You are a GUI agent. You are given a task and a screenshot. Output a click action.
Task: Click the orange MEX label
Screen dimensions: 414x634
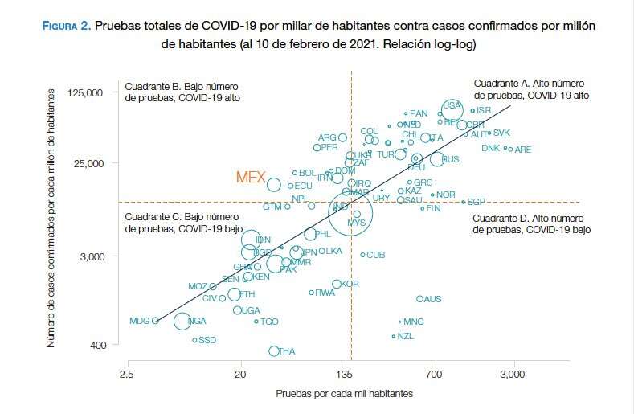click(x=250, y=177)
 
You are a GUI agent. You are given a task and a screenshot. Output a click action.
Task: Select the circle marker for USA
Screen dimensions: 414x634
click(x=452, y=110)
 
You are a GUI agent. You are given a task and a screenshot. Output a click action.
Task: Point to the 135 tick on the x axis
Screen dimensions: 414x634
click(x=351, y=375)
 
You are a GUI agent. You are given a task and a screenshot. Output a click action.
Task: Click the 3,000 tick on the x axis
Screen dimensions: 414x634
click(x=513, y=375)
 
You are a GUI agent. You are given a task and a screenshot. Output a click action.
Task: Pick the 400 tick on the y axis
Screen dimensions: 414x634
click(x=96, y=345)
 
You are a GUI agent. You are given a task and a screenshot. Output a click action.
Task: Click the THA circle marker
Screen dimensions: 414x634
click(x=274, y=351)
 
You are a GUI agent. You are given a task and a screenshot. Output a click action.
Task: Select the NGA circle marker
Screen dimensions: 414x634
click(x=182, y=322)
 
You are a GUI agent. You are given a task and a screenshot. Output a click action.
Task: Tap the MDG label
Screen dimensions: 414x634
click(x=140, y=322)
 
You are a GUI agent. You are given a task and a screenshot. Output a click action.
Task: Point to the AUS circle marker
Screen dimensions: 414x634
click(x=419, y=299)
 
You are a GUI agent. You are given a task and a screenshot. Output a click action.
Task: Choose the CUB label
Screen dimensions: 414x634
click(x=376, y=255)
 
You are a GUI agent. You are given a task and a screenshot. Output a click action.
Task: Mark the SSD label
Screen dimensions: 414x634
click(x=207, y=340)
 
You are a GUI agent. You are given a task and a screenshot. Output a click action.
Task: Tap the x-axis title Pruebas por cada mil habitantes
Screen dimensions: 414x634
click(x=344, y=394)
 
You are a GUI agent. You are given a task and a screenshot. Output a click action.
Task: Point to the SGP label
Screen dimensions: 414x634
click(x=477, y=202)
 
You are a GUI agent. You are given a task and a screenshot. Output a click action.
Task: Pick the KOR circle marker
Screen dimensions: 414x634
click(x=337, y=284)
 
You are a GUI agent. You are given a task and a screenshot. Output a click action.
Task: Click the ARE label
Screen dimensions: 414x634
click(x=523, y=150)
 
